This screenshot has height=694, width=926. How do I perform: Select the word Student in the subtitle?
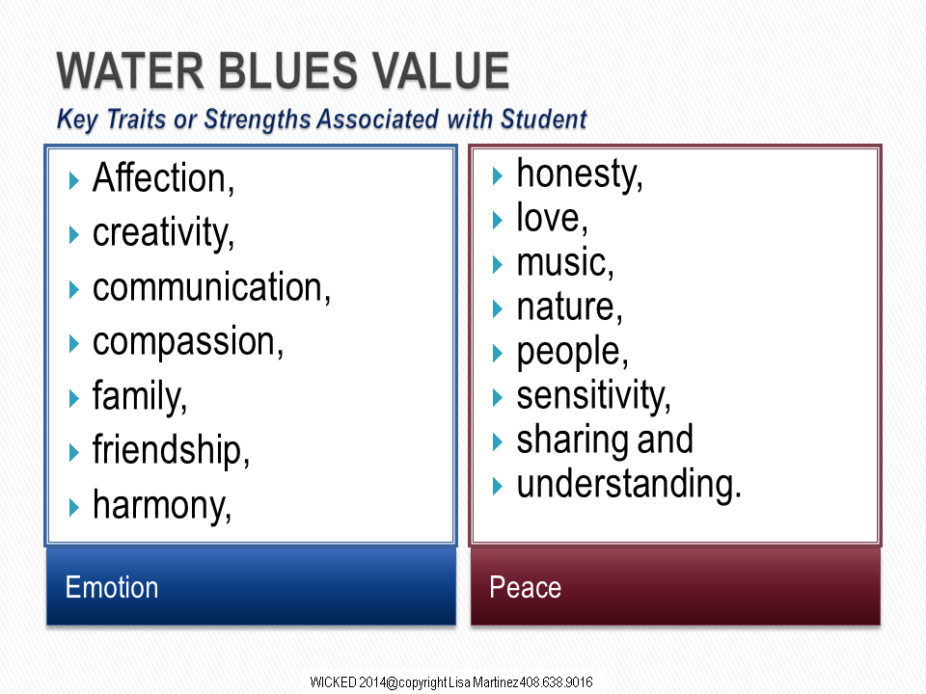click(544, 120)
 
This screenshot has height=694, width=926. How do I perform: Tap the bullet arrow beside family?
click(74, 398)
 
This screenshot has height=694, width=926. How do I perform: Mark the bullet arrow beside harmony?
click(74, 508)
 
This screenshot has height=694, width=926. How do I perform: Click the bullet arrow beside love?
click(498, 220)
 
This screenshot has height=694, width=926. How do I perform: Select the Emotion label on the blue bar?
click(112, 588)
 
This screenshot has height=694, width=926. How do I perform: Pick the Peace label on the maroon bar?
click(525, 588)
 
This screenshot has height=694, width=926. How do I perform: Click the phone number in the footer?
click(557, 682)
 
